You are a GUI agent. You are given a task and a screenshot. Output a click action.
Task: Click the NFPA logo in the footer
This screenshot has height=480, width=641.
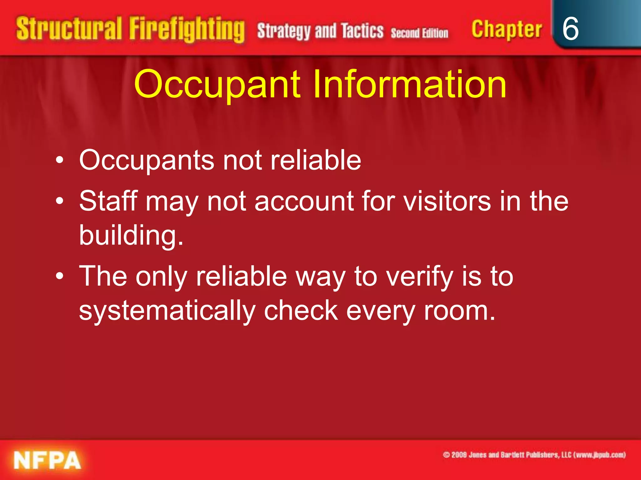47,460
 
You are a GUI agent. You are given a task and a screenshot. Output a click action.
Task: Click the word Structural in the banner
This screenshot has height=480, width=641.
69,29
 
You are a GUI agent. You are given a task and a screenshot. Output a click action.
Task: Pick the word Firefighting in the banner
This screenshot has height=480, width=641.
187,30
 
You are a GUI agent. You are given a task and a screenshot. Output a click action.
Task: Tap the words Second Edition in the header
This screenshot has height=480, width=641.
419,33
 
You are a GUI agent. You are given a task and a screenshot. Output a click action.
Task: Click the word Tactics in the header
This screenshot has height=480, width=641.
362,31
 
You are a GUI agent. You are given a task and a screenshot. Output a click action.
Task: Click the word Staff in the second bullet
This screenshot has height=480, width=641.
108,201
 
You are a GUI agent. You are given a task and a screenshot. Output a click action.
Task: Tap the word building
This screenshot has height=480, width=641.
131,235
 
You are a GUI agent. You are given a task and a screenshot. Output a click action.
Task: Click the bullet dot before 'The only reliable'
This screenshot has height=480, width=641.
60,276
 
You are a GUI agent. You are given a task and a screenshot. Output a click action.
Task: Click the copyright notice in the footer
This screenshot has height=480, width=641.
534,455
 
